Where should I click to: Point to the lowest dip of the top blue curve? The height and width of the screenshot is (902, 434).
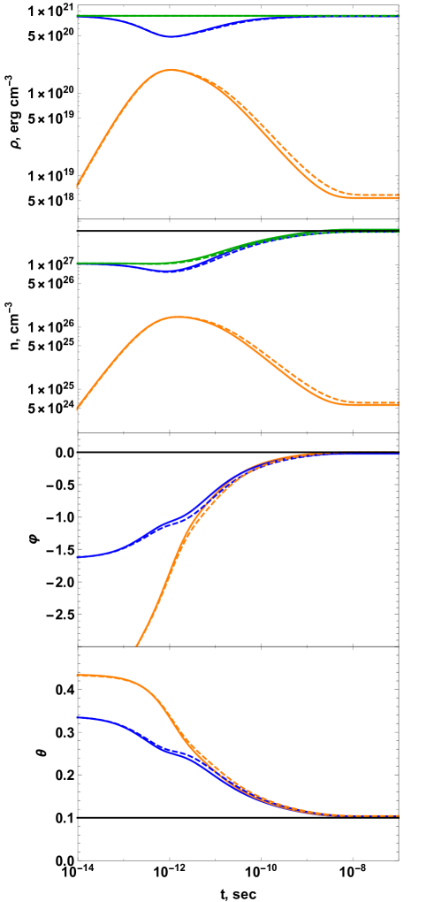(x=170, y=37)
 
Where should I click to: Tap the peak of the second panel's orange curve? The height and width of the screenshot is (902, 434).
(x=178, y=317)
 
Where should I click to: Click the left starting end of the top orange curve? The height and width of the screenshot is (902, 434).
(x=77, y=187)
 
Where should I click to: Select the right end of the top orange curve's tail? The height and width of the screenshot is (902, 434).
(x=398, y=196)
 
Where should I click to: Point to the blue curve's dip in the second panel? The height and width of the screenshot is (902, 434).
(x=168, y=271)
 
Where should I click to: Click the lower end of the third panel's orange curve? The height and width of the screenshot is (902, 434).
(x=136, y=646)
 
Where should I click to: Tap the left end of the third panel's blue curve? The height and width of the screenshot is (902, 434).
(x=77, y=557)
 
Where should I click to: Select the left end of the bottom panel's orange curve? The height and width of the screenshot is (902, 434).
(x=77, y=676)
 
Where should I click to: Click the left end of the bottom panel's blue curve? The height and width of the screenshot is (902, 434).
(x=77, y=717)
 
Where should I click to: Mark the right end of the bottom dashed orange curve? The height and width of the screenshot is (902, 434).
(x=398, y=815)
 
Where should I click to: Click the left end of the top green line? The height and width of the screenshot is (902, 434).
(x=77, y=15)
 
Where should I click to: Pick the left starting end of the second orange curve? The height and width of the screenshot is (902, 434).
(x=77, y=409)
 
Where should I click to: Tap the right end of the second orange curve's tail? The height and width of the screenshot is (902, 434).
(x=398, y=404)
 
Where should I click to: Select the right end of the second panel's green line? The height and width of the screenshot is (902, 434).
(x=398, y=229)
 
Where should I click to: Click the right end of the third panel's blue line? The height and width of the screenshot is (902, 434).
(x=398, y=454)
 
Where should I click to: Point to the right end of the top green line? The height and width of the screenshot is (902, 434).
(x=398, y=15)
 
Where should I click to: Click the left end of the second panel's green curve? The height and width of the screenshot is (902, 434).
(x=77, y=263)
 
